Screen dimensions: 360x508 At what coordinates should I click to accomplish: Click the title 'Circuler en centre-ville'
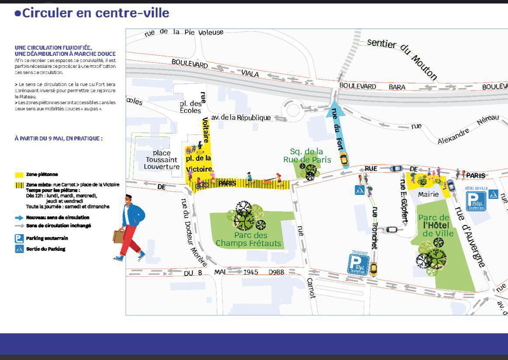92,13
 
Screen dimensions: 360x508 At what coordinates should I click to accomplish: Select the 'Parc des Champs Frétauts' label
248,239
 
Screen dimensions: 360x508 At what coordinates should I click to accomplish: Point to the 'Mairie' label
428,194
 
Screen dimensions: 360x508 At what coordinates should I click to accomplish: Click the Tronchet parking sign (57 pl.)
358,263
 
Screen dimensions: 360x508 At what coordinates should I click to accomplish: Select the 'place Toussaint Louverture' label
162,160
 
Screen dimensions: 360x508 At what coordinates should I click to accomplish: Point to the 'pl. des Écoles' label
191,107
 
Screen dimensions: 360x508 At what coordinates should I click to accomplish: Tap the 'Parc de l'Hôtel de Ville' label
433,225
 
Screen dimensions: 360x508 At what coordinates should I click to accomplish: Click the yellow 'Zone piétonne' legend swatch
19,174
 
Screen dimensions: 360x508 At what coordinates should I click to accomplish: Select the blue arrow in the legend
19,217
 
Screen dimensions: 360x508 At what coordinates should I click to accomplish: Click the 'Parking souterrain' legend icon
19,239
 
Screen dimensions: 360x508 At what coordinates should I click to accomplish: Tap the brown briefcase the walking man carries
118,236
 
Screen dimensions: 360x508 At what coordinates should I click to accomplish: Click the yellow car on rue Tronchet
373,268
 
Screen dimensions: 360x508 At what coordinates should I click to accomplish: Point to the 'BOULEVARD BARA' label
372,87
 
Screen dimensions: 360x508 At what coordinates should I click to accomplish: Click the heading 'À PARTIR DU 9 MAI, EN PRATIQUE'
59,138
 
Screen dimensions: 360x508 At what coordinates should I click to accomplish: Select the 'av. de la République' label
240,118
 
